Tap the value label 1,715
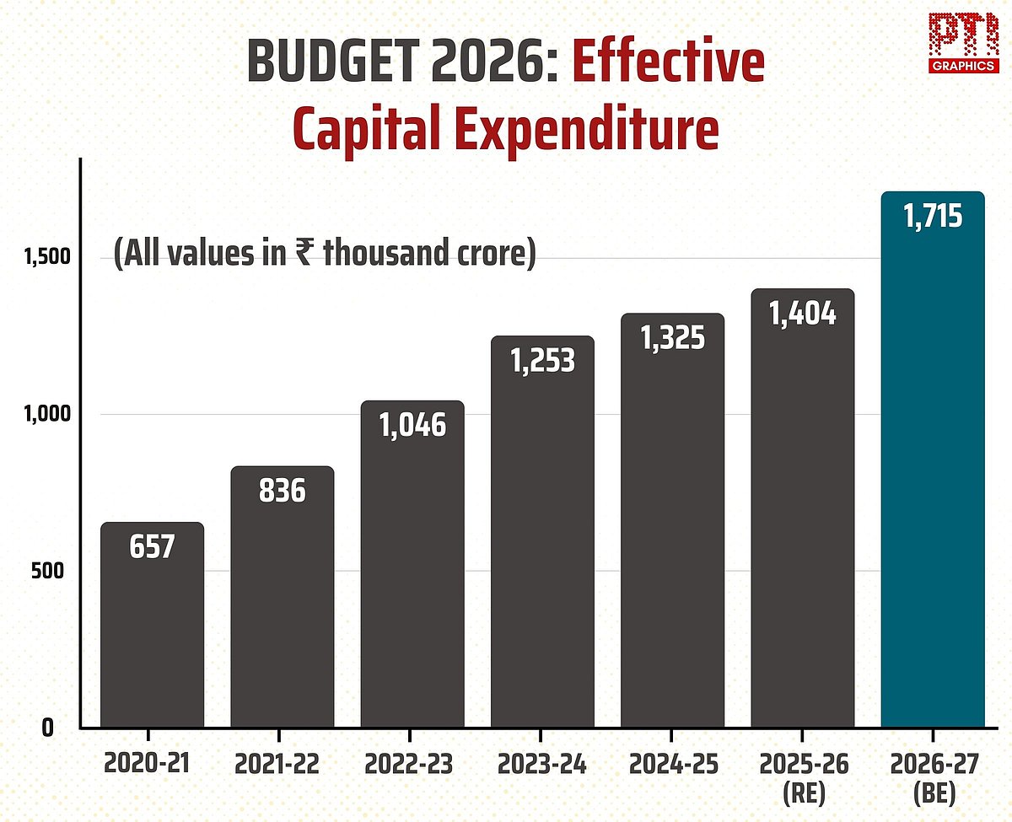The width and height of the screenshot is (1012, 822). [933, 217]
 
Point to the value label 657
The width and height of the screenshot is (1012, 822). [153, 547]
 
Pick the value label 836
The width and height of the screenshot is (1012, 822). [283, 491]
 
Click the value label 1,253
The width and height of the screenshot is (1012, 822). [542, 361]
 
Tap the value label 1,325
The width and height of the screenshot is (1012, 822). [672, 338]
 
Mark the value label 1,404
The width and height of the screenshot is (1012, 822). [802, 314]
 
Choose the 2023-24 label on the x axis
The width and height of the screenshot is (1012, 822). [542, 765]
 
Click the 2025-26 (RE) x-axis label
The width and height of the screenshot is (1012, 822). [802, 777]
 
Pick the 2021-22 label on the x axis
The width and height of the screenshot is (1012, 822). [283, 765]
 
